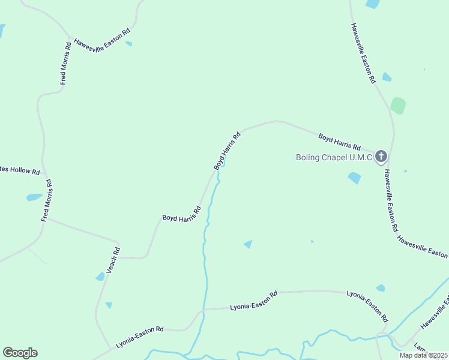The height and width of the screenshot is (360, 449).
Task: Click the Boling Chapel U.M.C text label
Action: click(334, 158)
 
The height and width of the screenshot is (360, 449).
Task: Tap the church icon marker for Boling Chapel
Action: click(381, 157)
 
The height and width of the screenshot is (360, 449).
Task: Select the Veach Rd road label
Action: click(113, 260)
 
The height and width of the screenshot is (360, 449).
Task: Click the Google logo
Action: click(20, 353)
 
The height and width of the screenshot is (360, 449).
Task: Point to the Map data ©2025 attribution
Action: click(423, 355)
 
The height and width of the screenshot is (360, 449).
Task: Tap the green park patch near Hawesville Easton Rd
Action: click(398, 106)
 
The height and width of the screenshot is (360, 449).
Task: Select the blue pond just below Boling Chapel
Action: click(355, 178)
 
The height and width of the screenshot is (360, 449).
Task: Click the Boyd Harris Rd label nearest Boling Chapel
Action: click(339, 142)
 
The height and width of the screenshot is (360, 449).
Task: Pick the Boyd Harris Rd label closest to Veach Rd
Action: click(181, 214)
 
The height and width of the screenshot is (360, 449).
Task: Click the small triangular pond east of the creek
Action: click(248, 244)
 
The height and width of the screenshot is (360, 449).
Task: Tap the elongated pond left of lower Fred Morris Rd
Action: click(34, 197)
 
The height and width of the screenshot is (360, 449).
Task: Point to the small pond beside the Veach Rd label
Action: click(100, 277)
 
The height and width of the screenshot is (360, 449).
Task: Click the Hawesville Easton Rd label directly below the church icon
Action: click(391, 200)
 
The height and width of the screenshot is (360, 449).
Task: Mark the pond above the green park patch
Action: click(387, 77)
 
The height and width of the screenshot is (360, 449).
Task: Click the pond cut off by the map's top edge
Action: click(372, 4)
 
